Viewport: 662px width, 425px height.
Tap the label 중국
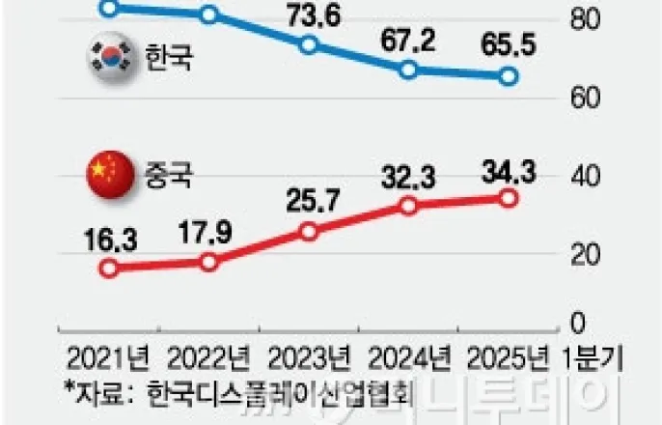(169, 175)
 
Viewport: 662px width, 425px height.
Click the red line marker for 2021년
(109, 269)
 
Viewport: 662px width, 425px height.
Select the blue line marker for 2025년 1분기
(509, 76)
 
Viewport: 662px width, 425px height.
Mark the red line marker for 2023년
(309, 232)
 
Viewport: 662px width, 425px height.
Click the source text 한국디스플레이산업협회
(281, 393)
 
